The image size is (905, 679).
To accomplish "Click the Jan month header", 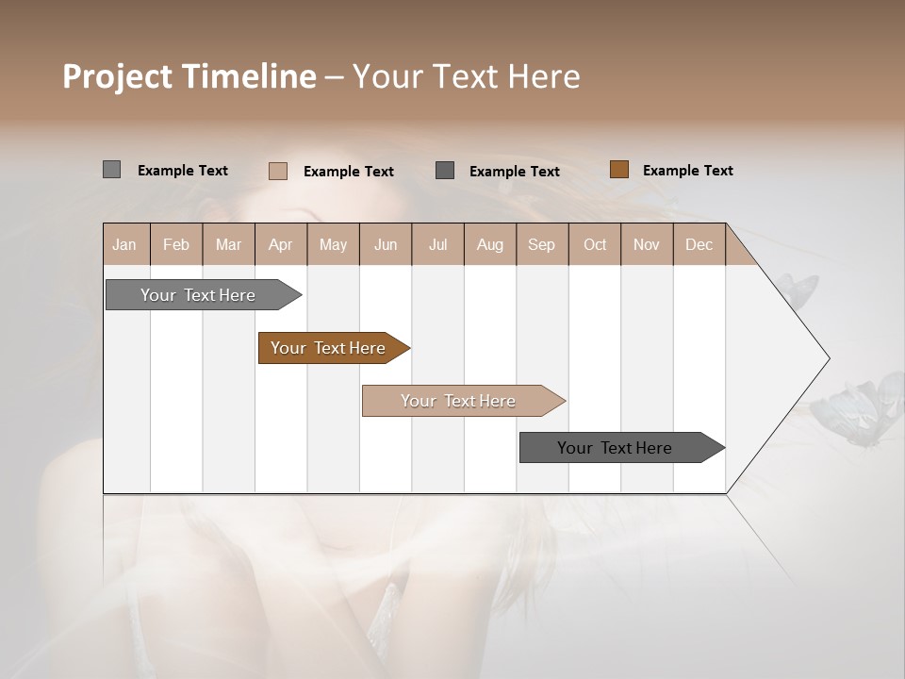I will click(124, 244).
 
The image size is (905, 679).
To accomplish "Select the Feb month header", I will click(176, 244).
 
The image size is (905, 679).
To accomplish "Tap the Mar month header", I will click(228, 244).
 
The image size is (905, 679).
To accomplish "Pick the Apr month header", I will click(280, 244).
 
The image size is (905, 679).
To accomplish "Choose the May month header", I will click(333, 244).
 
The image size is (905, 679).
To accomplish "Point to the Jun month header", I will click(386, 244).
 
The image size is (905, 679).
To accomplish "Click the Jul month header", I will click(437, 244).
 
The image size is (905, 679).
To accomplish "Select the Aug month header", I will click(489, 244).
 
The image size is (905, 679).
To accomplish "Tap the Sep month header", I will click(541, 244).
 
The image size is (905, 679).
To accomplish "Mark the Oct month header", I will click(595, 244).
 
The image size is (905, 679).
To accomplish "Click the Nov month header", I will click(647, 244).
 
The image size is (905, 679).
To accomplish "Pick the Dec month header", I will click(699, 244).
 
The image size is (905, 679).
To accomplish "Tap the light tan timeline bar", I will click(459, 401).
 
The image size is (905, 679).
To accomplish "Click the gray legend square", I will click(111, 170).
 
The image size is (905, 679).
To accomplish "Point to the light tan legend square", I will click(277, 171).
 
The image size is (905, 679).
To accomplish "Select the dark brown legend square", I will click(618, 170).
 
